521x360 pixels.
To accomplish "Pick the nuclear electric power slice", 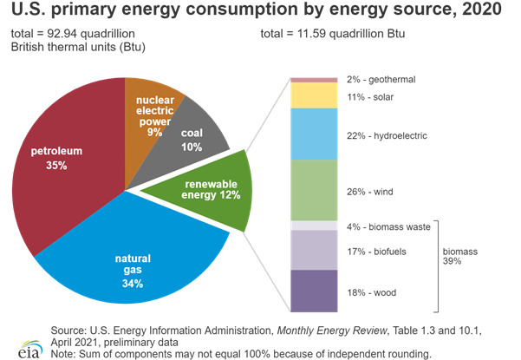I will pos(153,104).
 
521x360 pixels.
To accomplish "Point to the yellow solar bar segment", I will pos(313,95).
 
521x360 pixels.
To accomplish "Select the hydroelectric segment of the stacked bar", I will pos(313,134).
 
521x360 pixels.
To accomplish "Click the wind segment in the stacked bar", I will pos(313,190).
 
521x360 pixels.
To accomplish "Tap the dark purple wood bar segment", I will pos(313,291).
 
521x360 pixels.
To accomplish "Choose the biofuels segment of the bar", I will pos(313,250).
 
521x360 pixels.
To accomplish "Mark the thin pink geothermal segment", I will pos(313,80).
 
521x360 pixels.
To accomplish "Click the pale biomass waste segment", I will pos(313,225).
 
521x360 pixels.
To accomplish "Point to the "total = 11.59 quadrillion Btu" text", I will pos(333,34).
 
